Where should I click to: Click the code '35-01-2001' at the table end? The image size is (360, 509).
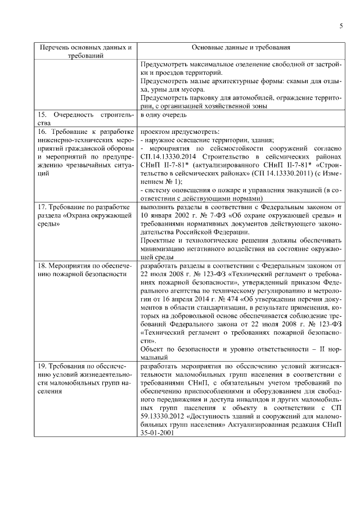coord(157,434)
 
